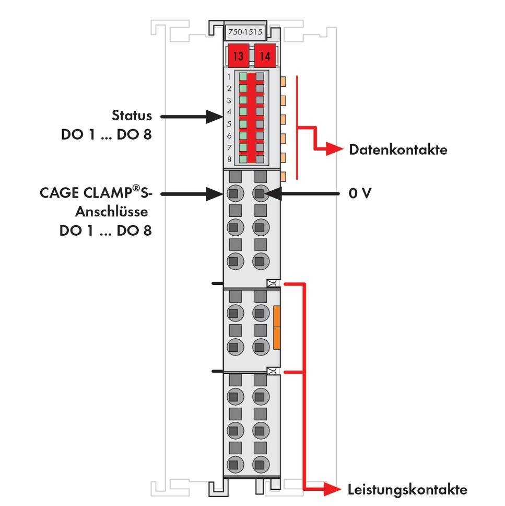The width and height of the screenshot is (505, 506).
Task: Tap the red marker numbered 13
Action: pos(238,56)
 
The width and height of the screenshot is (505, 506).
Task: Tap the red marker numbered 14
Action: pos(265,56)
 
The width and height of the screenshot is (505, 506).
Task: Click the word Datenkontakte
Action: pos(398,150)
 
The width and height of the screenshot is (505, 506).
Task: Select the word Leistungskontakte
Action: pos(407,490)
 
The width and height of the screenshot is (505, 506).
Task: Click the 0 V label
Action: pos(360,194)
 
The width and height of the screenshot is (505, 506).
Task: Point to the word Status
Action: pos(132,116)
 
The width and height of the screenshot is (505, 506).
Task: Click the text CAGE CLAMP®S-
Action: pos(96,193)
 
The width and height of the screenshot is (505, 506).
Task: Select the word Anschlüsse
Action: pos(111,212)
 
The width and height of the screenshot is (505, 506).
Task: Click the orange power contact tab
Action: pos(277,328)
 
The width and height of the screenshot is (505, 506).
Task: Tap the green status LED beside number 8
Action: pos(243,159)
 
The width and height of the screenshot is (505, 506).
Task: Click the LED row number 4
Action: pos(229,112)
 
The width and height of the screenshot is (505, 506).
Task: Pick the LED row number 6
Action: pos(229,135)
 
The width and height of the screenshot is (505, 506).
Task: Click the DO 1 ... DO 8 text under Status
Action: pos(107,134)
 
